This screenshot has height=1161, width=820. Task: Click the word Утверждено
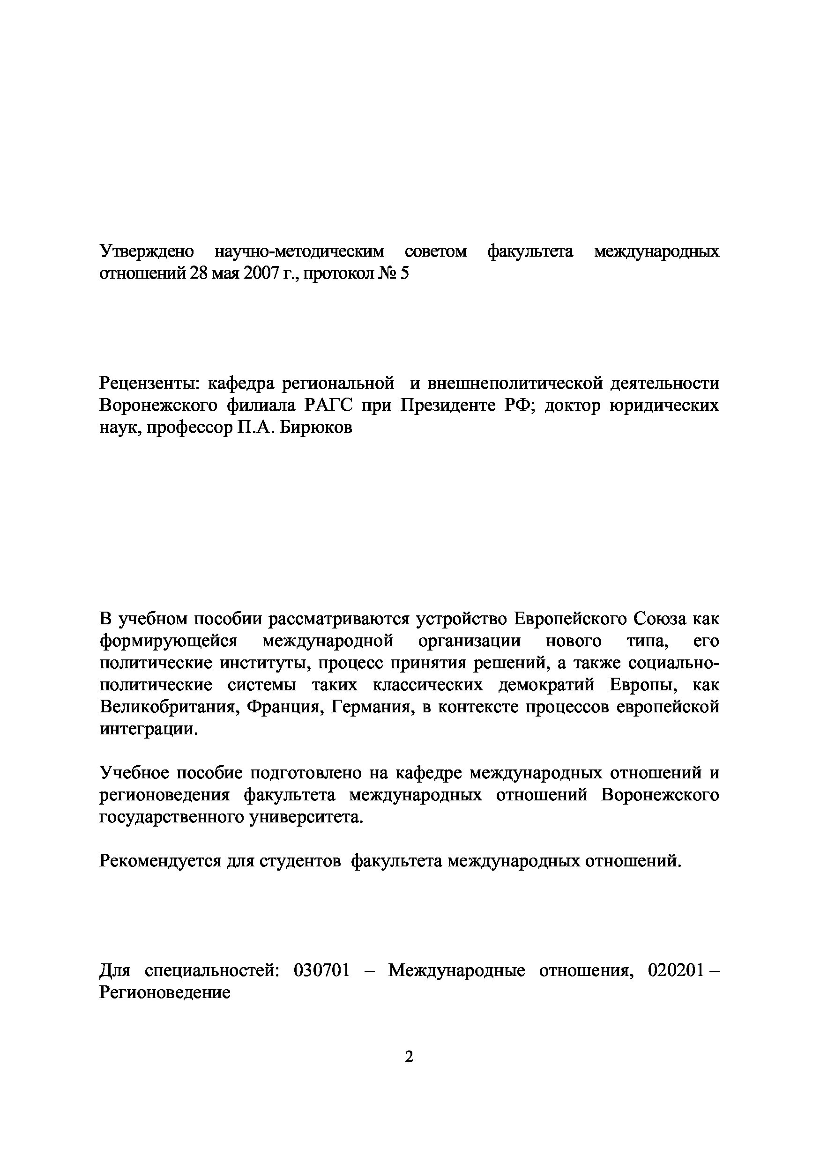pos(147,251)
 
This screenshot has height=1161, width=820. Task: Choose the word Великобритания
pos(168,707)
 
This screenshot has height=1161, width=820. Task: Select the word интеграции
pos(146,729)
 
